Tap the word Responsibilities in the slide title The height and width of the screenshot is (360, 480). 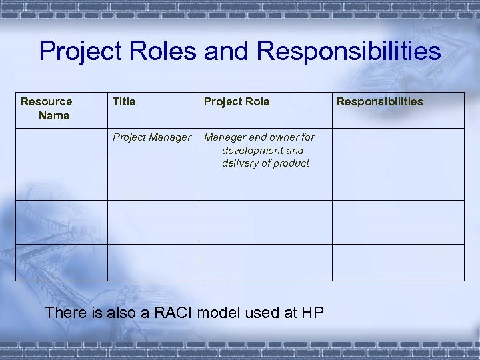tap(349, 51)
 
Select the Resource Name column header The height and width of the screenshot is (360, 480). tap(47, 108)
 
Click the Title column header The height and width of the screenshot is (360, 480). tap(124, 101)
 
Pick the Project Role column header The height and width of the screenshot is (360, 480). tap(237, 101)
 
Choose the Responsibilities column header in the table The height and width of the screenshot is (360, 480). tap(379, 101)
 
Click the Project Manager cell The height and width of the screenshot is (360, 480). tap(152, 137)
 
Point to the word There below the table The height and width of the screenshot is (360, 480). tap(65, 312)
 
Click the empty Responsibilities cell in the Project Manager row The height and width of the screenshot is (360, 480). tap(398, 164)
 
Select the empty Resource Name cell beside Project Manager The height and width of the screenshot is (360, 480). tap(61, 164)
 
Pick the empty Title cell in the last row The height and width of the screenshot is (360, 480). tap(153, 262)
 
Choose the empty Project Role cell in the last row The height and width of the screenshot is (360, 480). tap(265, 262)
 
